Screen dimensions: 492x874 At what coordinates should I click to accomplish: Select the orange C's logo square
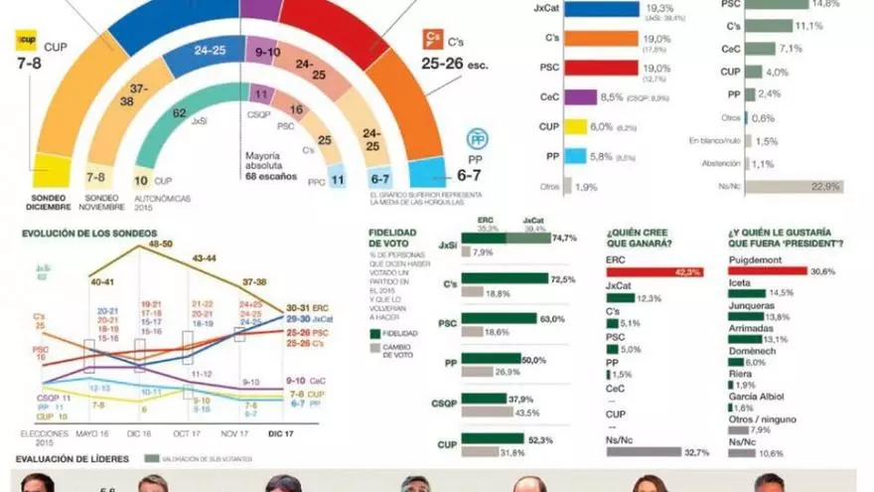click(x=431, y=39)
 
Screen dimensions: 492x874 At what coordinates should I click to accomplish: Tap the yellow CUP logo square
click(x=23, y=42)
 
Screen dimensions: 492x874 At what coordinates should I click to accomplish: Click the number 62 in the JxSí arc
click(x=180, y=113)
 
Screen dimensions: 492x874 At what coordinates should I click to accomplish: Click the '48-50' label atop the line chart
click(x=160, y=244)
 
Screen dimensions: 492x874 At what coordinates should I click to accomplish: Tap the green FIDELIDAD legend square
click(x=372, y=334)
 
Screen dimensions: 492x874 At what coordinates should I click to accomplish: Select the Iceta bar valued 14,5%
click(x=747, y=293)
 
